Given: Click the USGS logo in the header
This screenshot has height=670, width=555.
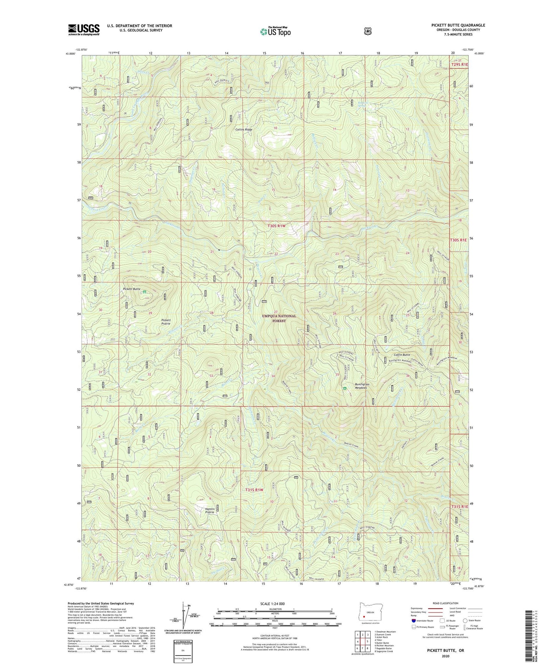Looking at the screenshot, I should pos(84,30).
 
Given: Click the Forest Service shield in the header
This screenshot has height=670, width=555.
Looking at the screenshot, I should pos(368,31).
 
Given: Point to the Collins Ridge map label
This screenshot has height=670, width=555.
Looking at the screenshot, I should pos(244,130).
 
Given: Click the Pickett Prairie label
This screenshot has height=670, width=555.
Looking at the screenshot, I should pos(166,322).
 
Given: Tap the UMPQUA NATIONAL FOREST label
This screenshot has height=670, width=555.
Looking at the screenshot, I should pos(279,318).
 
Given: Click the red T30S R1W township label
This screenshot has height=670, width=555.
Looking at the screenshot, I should pos(277,226).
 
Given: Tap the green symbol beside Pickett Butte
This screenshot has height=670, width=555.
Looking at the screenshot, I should pos(145,292).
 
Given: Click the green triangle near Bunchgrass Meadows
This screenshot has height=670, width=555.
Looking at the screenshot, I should pos(345,388).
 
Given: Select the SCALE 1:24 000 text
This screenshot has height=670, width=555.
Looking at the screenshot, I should pos(272,604).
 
